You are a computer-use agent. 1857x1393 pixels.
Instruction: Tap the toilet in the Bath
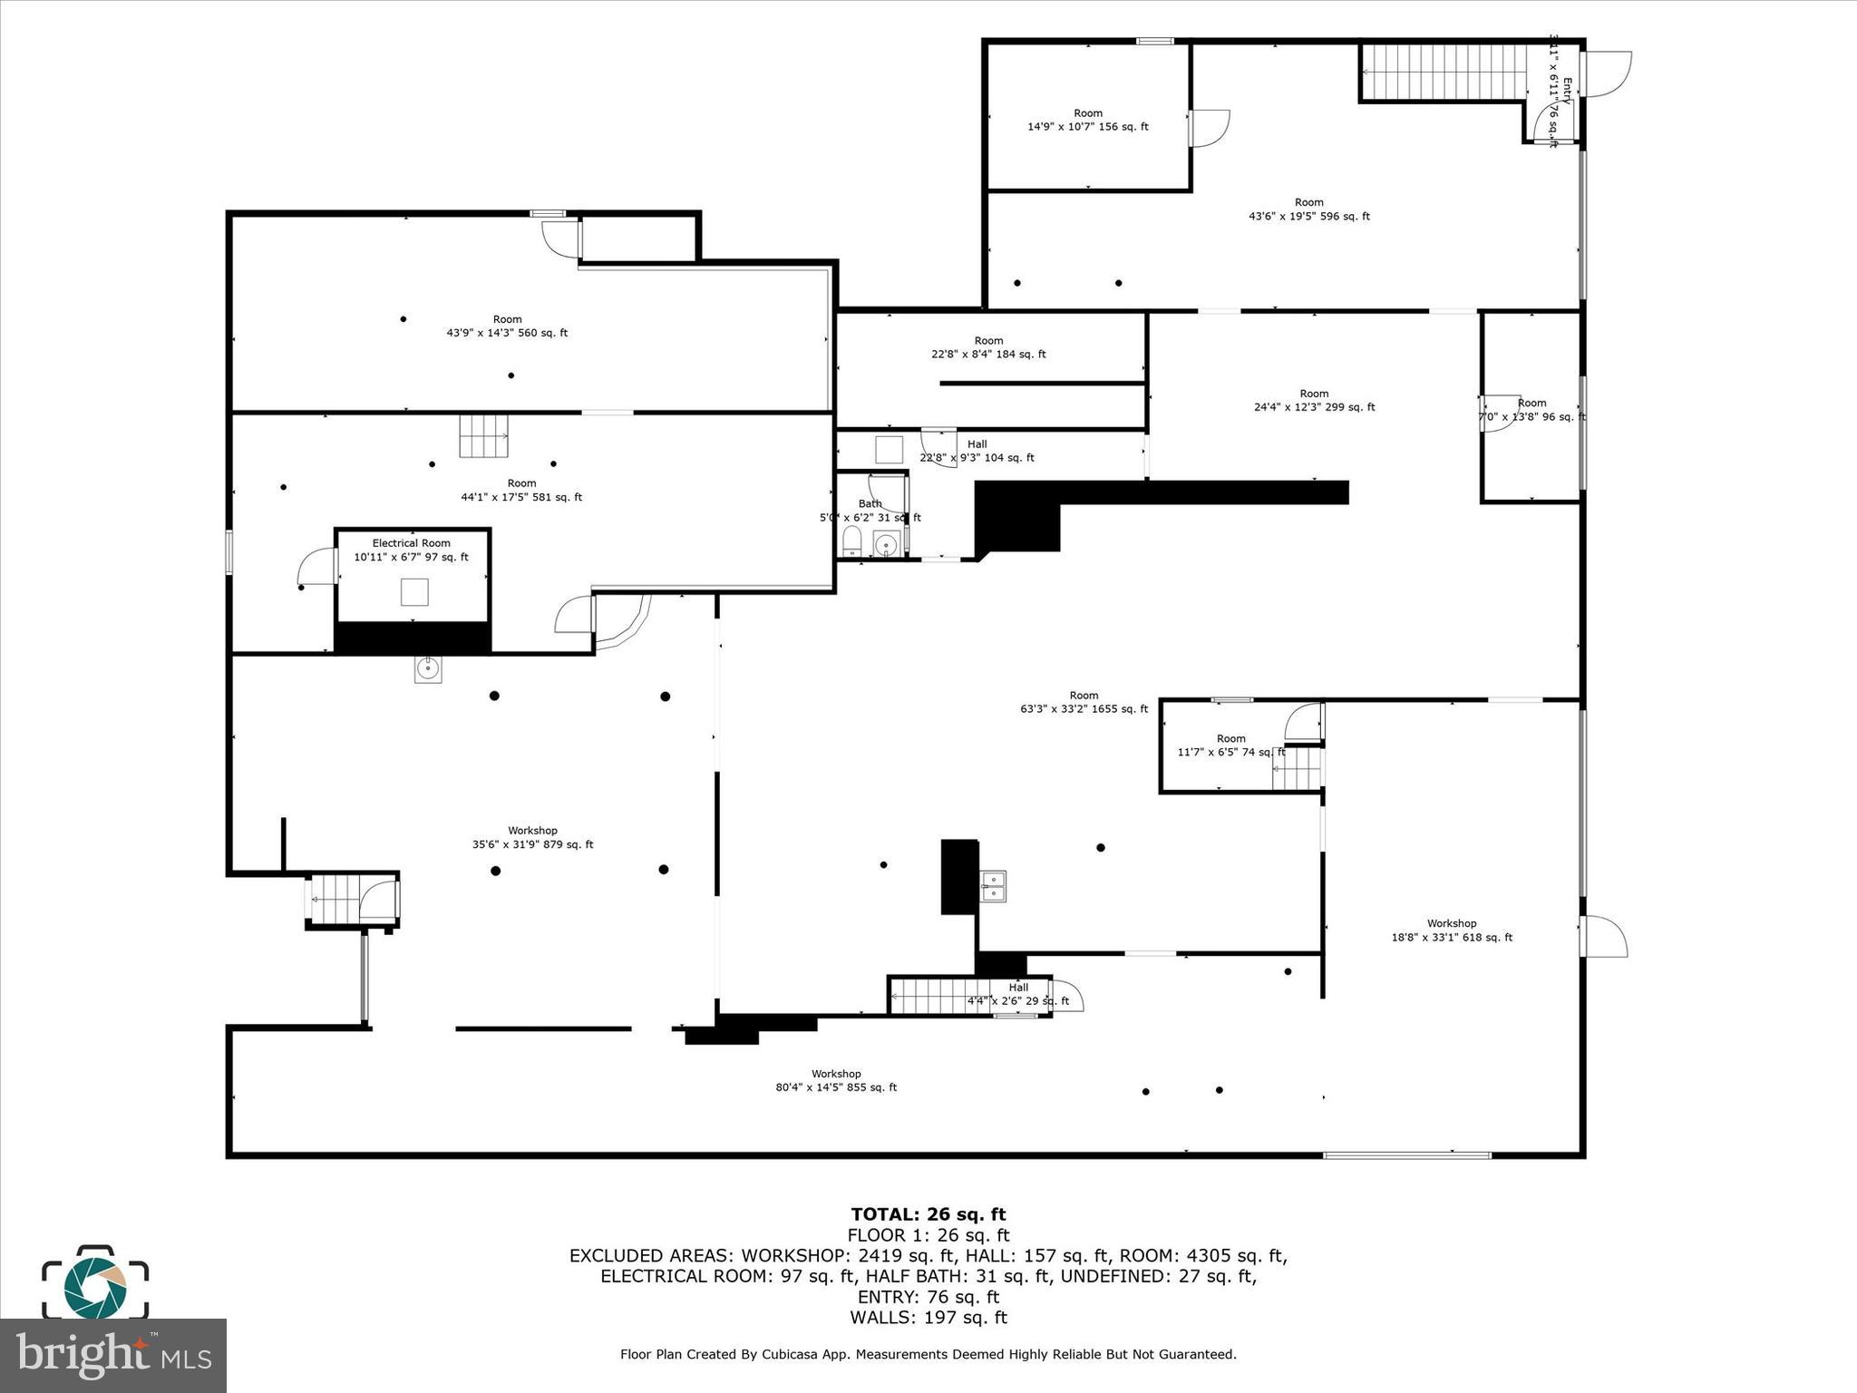(x=852, y=542)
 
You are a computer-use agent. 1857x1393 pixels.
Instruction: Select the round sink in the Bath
(x=886, y=544)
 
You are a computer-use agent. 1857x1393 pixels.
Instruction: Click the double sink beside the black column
(x=993, y=886)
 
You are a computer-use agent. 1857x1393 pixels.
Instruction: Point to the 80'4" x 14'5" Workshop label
(x=835, y=1080)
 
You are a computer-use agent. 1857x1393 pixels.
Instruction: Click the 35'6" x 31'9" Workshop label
(x=532, y=837)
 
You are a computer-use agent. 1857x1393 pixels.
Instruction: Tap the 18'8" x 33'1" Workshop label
(x=1452, y=930)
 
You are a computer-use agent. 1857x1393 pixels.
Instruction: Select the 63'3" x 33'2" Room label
(x=1084, y=702)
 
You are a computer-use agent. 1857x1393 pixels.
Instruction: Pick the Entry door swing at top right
(x=1608, y=73)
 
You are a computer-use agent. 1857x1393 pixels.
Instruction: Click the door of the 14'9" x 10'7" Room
(x=1209, y=128)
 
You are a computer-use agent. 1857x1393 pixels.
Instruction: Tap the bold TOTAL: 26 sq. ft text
(x=928, y=1214)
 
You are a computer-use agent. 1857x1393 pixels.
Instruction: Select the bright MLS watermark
(x=112, y=1355)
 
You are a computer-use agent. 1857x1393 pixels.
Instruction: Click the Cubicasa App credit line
(x=928, y=1354)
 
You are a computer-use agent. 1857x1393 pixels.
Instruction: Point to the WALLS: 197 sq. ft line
(x=928, y=1318)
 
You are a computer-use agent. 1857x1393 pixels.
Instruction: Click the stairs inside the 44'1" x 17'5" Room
(x=483, y=436)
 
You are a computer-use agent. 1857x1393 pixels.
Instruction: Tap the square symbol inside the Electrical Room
(x=414, y=591)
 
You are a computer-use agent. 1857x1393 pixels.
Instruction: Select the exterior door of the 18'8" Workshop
(x=1603, y=937)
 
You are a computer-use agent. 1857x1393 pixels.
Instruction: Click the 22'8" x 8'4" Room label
(x=988, y=347)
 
